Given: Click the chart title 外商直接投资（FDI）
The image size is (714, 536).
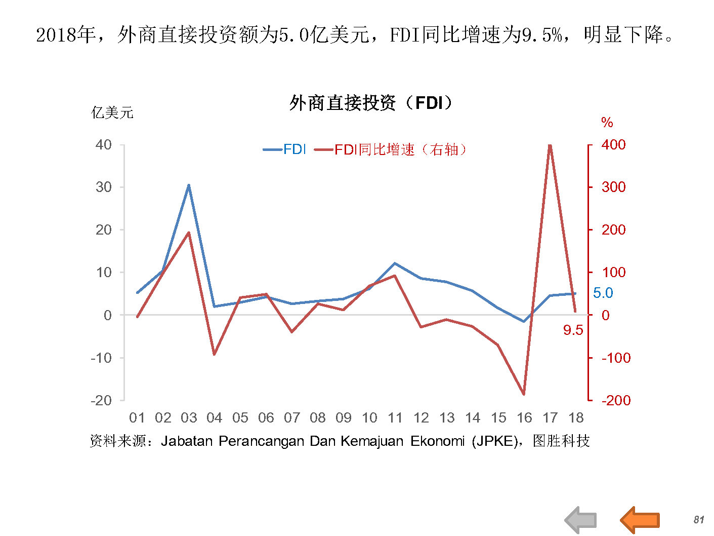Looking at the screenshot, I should click(x=371, y=103).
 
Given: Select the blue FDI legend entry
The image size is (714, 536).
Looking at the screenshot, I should click(x=285, y=149).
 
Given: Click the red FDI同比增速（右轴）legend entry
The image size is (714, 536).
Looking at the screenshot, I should click(x=391, y=149).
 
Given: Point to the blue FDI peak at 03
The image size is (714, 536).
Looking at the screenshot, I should click(x=189, y=185).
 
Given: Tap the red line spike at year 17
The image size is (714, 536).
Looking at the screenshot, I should click(x=550, y=146).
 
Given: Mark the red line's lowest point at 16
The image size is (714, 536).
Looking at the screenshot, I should click(x=524, y=394).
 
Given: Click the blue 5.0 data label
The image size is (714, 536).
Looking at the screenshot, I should click(x=603, y=293).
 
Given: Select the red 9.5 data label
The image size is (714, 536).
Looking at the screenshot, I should click(x=573, y=330).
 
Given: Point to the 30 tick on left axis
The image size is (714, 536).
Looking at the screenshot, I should click(x=104, y=187).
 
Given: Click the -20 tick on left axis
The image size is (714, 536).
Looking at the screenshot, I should click(x=101, y=400).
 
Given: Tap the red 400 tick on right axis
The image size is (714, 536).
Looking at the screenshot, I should click(x=613, y=144).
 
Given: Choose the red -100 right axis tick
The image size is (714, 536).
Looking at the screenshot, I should click(x=616, y=358).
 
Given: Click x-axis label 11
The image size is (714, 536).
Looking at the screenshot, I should click(x=395, y=418).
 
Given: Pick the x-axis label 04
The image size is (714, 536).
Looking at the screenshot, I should click(x=214, y=418).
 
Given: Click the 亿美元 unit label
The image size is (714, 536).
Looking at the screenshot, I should click(x=112, y=112).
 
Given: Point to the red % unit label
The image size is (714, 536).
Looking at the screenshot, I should click(x=607, y=122).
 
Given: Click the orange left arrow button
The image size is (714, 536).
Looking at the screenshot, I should click(x=640, y=520).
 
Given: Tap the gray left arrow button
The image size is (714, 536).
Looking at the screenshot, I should click(x=581, y=520).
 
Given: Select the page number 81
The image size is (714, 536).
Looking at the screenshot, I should click(x=699, y=520).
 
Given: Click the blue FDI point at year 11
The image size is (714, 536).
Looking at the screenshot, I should click(x=395, y=263).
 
